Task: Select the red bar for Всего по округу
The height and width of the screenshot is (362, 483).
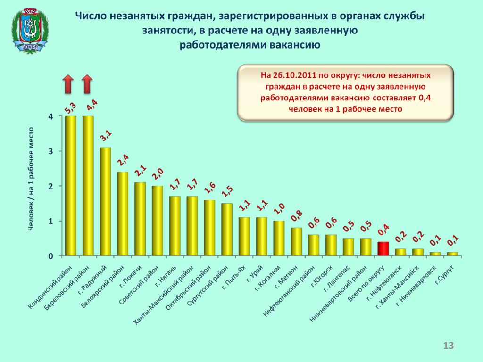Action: pyautogui.click(x=383, y=248)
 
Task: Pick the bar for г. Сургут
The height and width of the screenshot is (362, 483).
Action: pyautogui.click(x=452, y=254)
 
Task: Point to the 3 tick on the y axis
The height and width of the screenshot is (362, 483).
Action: pyautogui.click(x=50, y=151)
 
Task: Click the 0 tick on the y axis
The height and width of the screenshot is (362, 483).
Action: pyautogui.click(x=50, y=256)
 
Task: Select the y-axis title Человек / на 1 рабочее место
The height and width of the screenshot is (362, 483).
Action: pyautogui.click(x=31, y=179)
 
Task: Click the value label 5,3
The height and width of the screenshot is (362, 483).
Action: pyautogui.click(x=70, y=108)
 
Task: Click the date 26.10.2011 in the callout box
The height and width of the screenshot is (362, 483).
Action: pyautogui.click(x=291, y=75)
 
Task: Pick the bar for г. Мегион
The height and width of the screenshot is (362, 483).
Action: pyautogui.click(x=296, y=242)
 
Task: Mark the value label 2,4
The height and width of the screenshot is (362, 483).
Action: pyautogui.click(x=123, y=161)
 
